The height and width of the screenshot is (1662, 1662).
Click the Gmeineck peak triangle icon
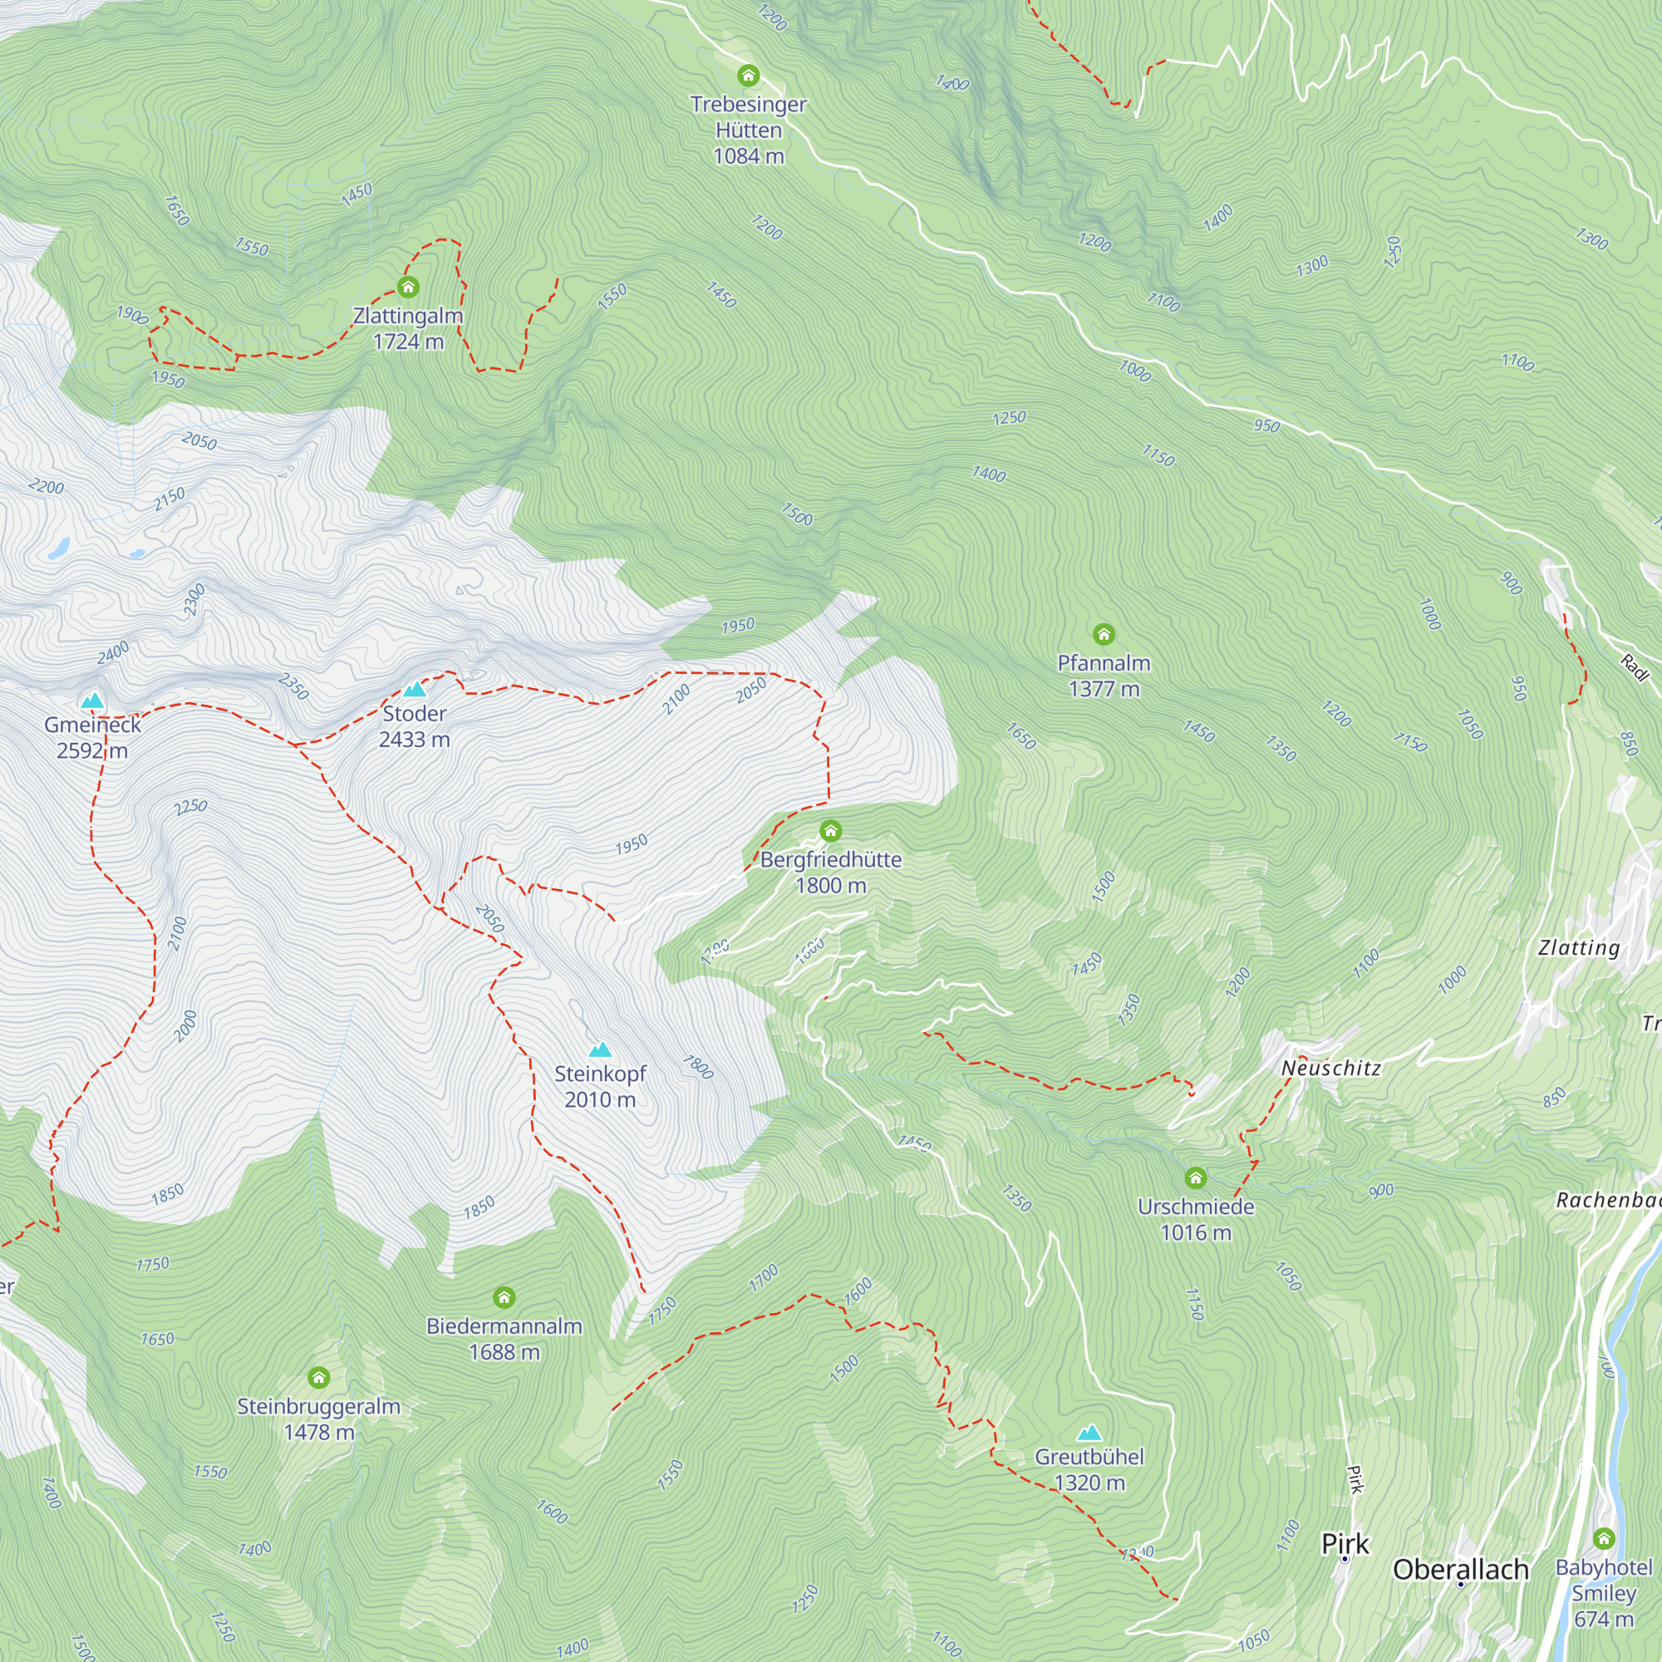(92, 701)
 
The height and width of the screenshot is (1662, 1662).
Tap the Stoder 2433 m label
(415, 726)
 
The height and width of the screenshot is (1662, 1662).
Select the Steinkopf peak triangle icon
(600, 1050)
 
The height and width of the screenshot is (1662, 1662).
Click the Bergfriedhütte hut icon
(830, 830)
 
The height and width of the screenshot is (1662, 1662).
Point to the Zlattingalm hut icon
(408, 287)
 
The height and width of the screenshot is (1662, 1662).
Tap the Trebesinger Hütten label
(749, 117)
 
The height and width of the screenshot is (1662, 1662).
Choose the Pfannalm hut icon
(1104, 634)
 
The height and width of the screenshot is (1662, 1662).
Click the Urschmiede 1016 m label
(1196, 1220)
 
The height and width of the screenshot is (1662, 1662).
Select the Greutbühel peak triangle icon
(1089, 1433)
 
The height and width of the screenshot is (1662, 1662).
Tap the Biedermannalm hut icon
(504, 1297)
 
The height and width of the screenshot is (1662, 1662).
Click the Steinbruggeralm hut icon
(319, 1377)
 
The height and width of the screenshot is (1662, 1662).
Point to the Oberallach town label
(1461, 1569)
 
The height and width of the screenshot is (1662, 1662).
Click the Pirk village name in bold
(1345, 1544)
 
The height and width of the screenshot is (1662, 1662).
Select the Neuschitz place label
(1330, 1068)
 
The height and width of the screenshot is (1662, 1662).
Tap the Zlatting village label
(1579, 947)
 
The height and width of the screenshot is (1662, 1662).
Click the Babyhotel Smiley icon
(1604, 1538)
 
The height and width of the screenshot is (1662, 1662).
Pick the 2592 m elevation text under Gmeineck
(92, 750)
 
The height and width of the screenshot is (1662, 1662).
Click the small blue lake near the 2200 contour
(58, 548)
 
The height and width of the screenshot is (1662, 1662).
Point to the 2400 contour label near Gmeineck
(113, 652)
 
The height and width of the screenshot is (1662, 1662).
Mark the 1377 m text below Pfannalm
(1104, 689)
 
